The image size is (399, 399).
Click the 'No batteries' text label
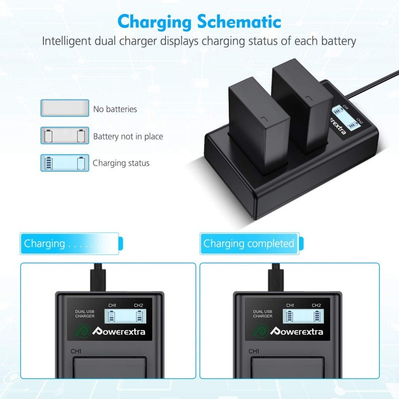click(x=115, y=109)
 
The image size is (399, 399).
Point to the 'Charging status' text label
click(x=121, y=163)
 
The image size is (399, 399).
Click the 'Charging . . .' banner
click(x=70, y=243)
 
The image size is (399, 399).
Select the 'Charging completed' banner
click(x=249, y=243)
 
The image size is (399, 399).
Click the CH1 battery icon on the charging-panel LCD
click(x=112, y=316)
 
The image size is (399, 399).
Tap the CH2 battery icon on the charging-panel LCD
click(x=139, y=316)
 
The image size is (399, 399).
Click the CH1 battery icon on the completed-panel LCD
click(x=290, y=316)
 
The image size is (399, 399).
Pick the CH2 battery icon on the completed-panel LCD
click(x=317, y=316)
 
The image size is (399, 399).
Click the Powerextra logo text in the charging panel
click(x=118, y=331)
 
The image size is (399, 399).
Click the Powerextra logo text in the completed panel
click(x=297, y=331)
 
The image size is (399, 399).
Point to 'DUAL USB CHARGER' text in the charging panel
click(x=84, y=314)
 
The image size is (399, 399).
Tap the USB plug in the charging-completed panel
click(x=274, y=279)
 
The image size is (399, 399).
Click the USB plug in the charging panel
click(x=96, y=279)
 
